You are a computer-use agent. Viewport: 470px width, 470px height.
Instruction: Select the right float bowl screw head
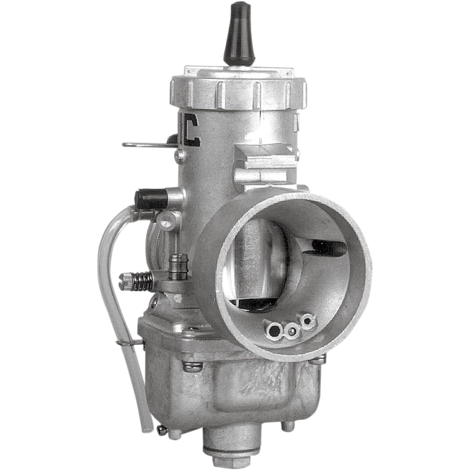tap(317, 360)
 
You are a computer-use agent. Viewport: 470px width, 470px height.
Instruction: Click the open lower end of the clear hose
tap(148, 421)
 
